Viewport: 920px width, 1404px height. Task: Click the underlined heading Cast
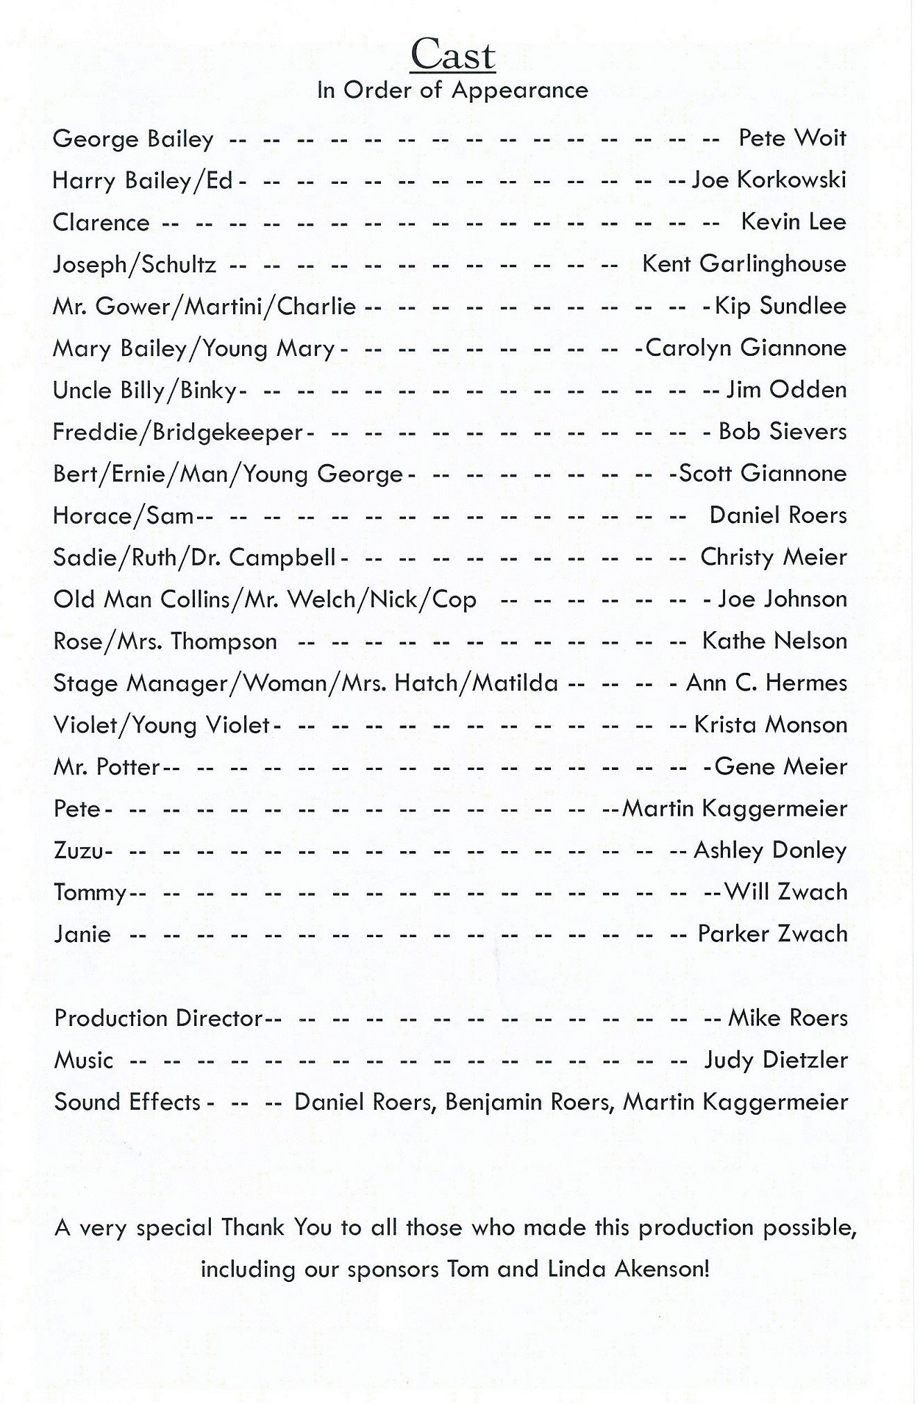pyautogui.click(x=452, y=55)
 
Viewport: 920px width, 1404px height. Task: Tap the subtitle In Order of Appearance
pyautogui.click(x=452, y=90)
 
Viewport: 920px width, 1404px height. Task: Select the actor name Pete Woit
pyautogui.click(x=792, y=138)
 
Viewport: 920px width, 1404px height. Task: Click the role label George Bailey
pyautogui.click(x=133, y=139)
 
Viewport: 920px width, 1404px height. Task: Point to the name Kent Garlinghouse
pyautogui.click(x=744, y=264)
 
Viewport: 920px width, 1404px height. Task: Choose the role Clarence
pyautogui.click(x=101, y=223)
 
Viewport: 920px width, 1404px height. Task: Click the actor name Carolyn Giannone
pyautogui.click(x=746, y=348)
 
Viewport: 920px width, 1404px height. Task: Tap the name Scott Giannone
pyautogui.click(x=763, y=474)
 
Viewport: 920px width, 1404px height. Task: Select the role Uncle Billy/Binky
pyautogui.click(x=145, y=391)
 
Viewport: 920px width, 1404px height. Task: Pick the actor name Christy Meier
pyautogui.click(x=773, y=557)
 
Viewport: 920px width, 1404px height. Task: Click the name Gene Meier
pyautogui.click(x=781, y=767)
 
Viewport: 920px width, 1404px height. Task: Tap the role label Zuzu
pyautogui.click(x=78, y=850)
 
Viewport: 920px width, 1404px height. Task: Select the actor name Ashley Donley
pyautogui.click(x=770, y=850)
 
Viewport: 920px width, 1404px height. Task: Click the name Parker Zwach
pyautogui.click(x=772, y=934)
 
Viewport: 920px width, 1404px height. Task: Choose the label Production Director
pyautogui.click(x=158, y=1018)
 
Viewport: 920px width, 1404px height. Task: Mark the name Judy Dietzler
pyautogui.click(x=776, y=1060)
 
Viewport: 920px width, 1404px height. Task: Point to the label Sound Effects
pyautogui.click(x=128, y=1102)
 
